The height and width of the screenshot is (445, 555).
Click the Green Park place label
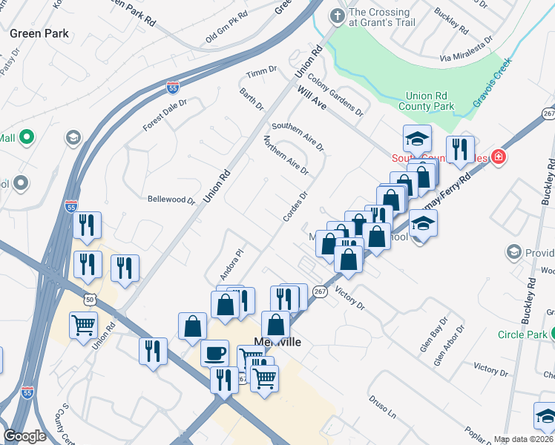pos(39,33)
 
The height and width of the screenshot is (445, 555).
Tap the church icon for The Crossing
pos(338,15)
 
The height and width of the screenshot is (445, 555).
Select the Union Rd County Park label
pos(430,102)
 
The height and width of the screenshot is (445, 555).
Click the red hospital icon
pos(499,157)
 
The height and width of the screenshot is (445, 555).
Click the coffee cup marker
pos(215,353)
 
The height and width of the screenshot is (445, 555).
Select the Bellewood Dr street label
pos(171,200)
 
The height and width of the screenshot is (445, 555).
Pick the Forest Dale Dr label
pos(165,115)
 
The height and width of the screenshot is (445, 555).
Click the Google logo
pos(24,436)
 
